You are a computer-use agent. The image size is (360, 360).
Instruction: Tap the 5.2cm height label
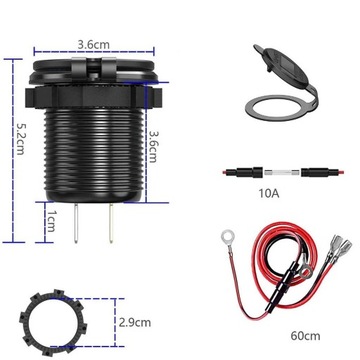click(11, 152)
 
